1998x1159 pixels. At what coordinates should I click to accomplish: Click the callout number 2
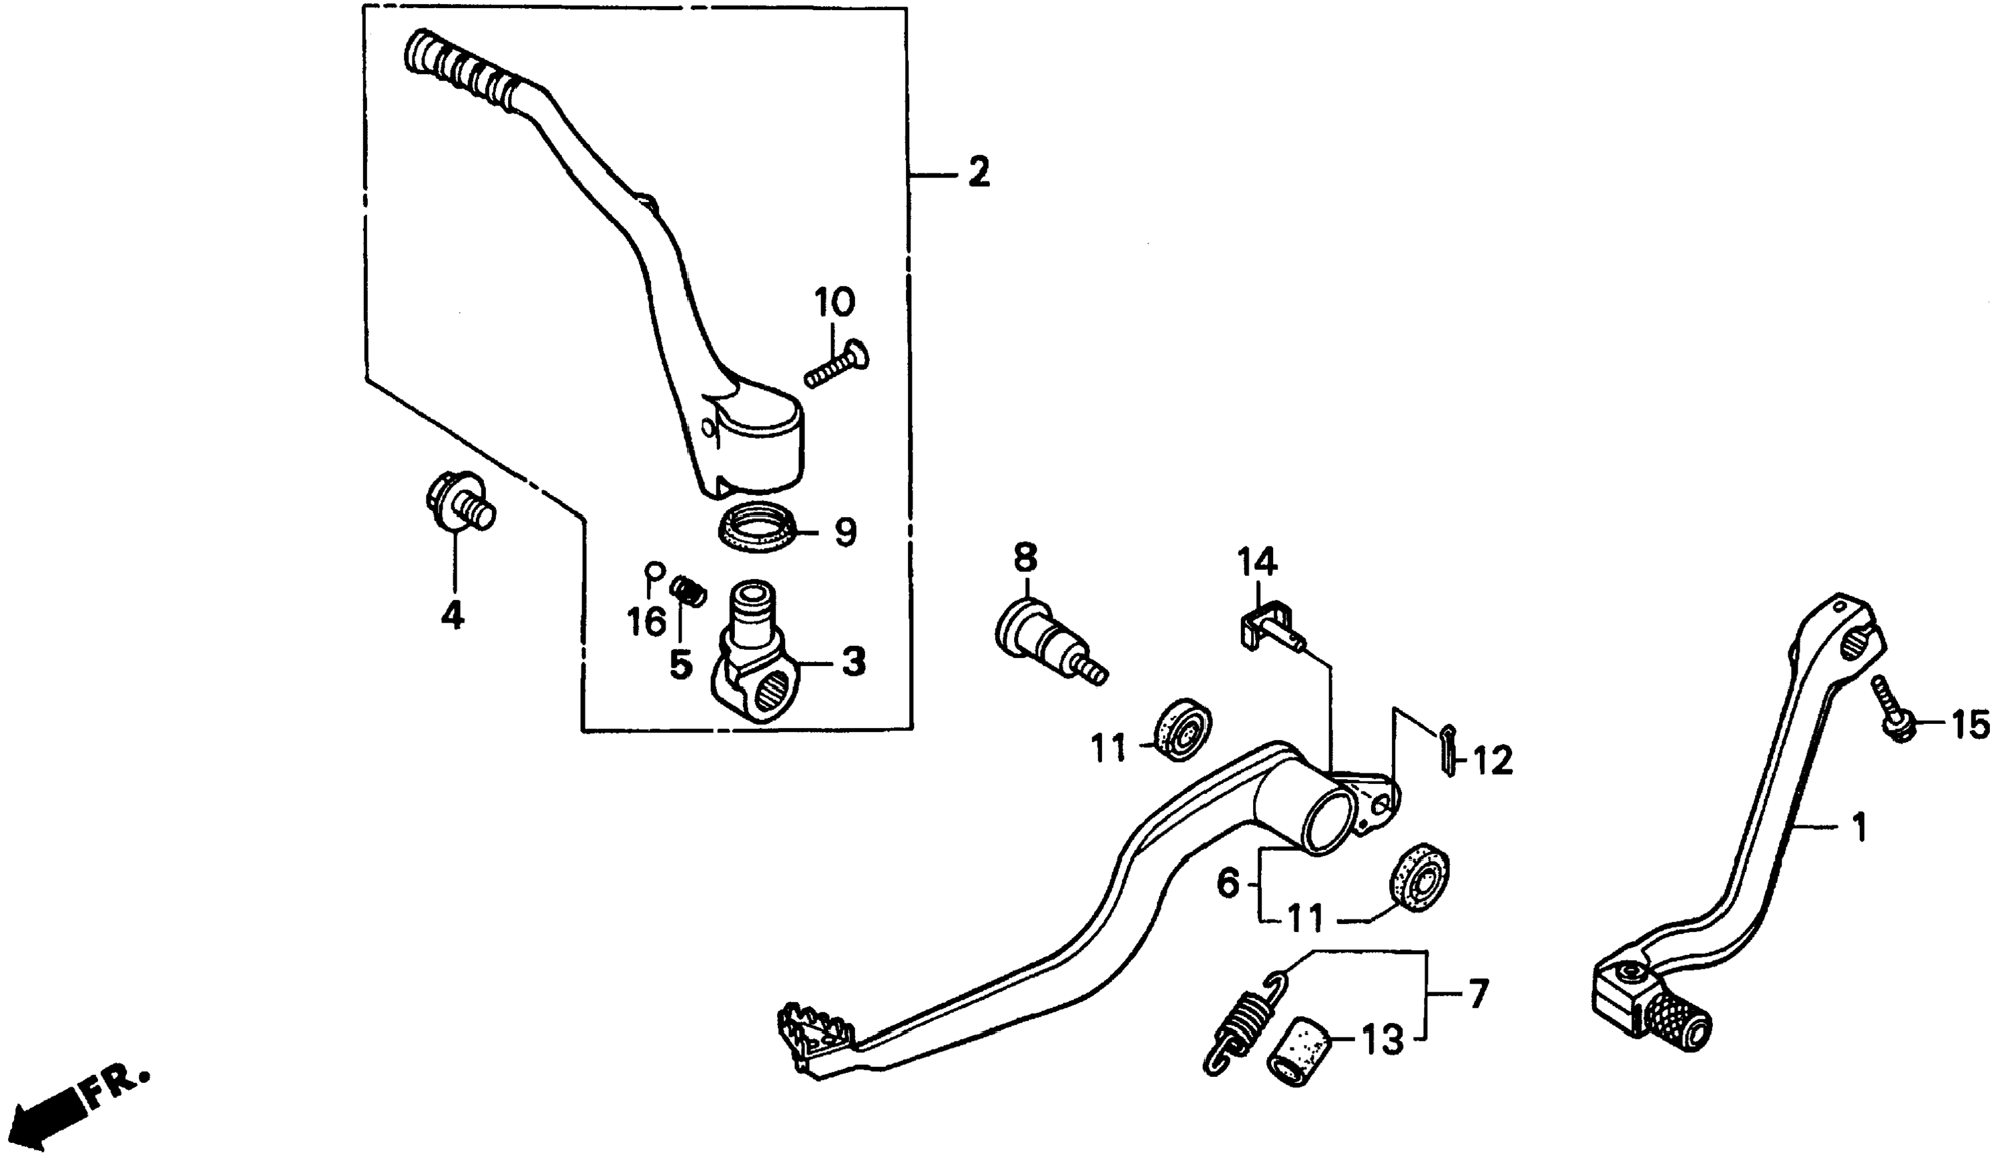coord(979,172)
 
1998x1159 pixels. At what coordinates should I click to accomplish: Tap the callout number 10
coord(834,303)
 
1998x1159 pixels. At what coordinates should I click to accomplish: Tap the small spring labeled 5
coord(688,591)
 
